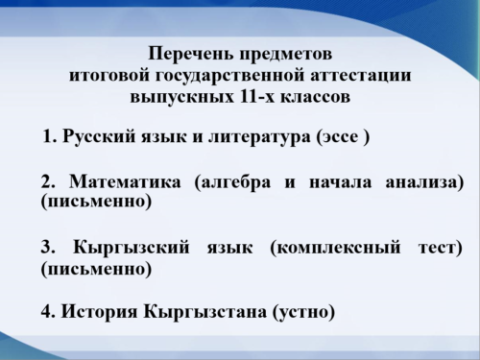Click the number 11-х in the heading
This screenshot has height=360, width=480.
[x=242, y=96]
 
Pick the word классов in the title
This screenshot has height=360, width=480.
[x=309, y=96]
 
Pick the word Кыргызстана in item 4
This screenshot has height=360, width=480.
[x=204, y=311]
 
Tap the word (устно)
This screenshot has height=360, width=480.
[x=303, y=311]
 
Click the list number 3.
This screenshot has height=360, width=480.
[x=47, y=249]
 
